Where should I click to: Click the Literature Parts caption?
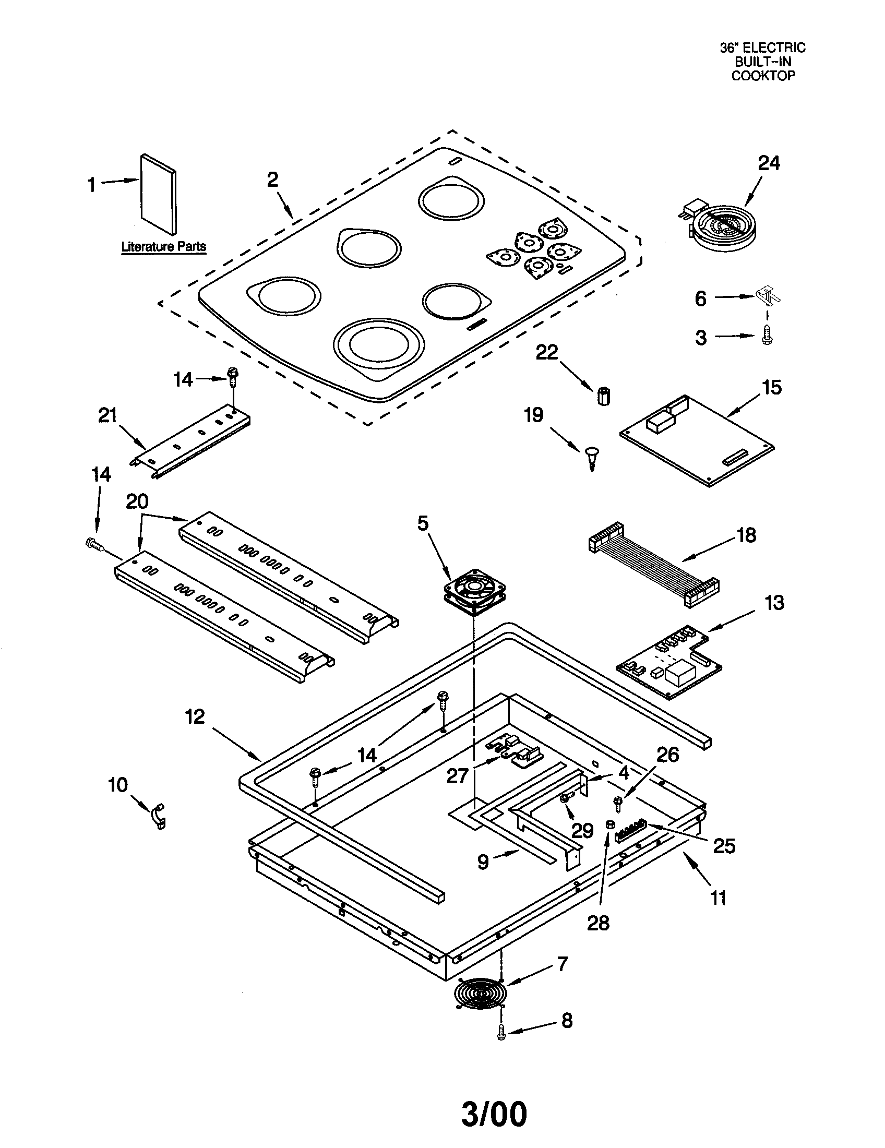163,246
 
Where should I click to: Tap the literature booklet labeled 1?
158,195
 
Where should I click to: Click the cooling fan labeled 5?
474,591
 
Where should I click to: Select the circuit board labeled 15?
696,440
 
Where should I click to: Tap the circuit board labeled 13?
669,662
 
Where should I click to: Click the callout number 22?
546,352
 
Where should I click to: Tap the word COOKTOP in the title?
763,76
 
